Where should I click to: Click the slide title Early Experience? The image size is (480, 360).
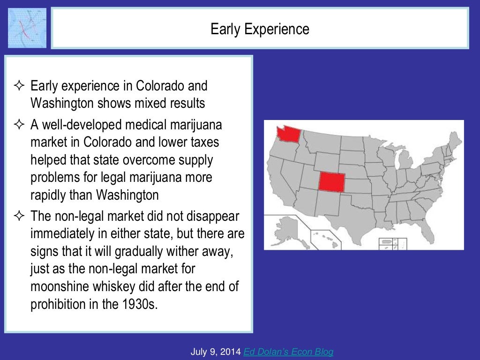coord(260,29)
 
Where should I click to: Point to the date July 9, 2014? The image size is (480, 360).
coord(216,352)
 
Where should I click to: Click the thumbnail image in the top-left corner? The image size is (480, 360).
coord(27,28)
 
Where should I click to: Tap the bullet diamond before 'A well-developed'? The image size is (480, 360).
coord(19,125)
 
